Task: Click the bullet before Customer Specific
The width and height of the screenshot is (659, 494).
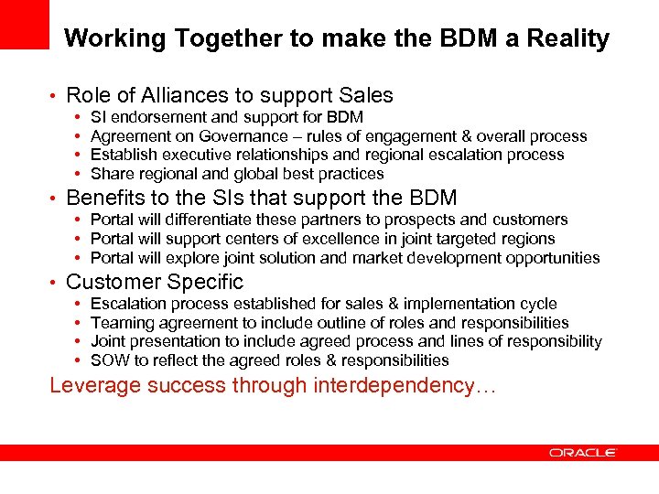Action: [x=55, y=283]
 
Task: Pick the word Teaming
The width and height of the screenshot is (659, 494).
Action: [x=123, y=323]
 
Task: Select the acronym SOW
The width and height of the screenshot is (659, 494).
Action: [x=110, y=360]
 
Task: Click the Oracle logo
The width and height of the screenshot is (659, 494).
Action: [x=583, y=452]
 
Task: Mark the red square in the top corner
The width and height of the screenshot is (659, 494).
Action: [x=24, y=24]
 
